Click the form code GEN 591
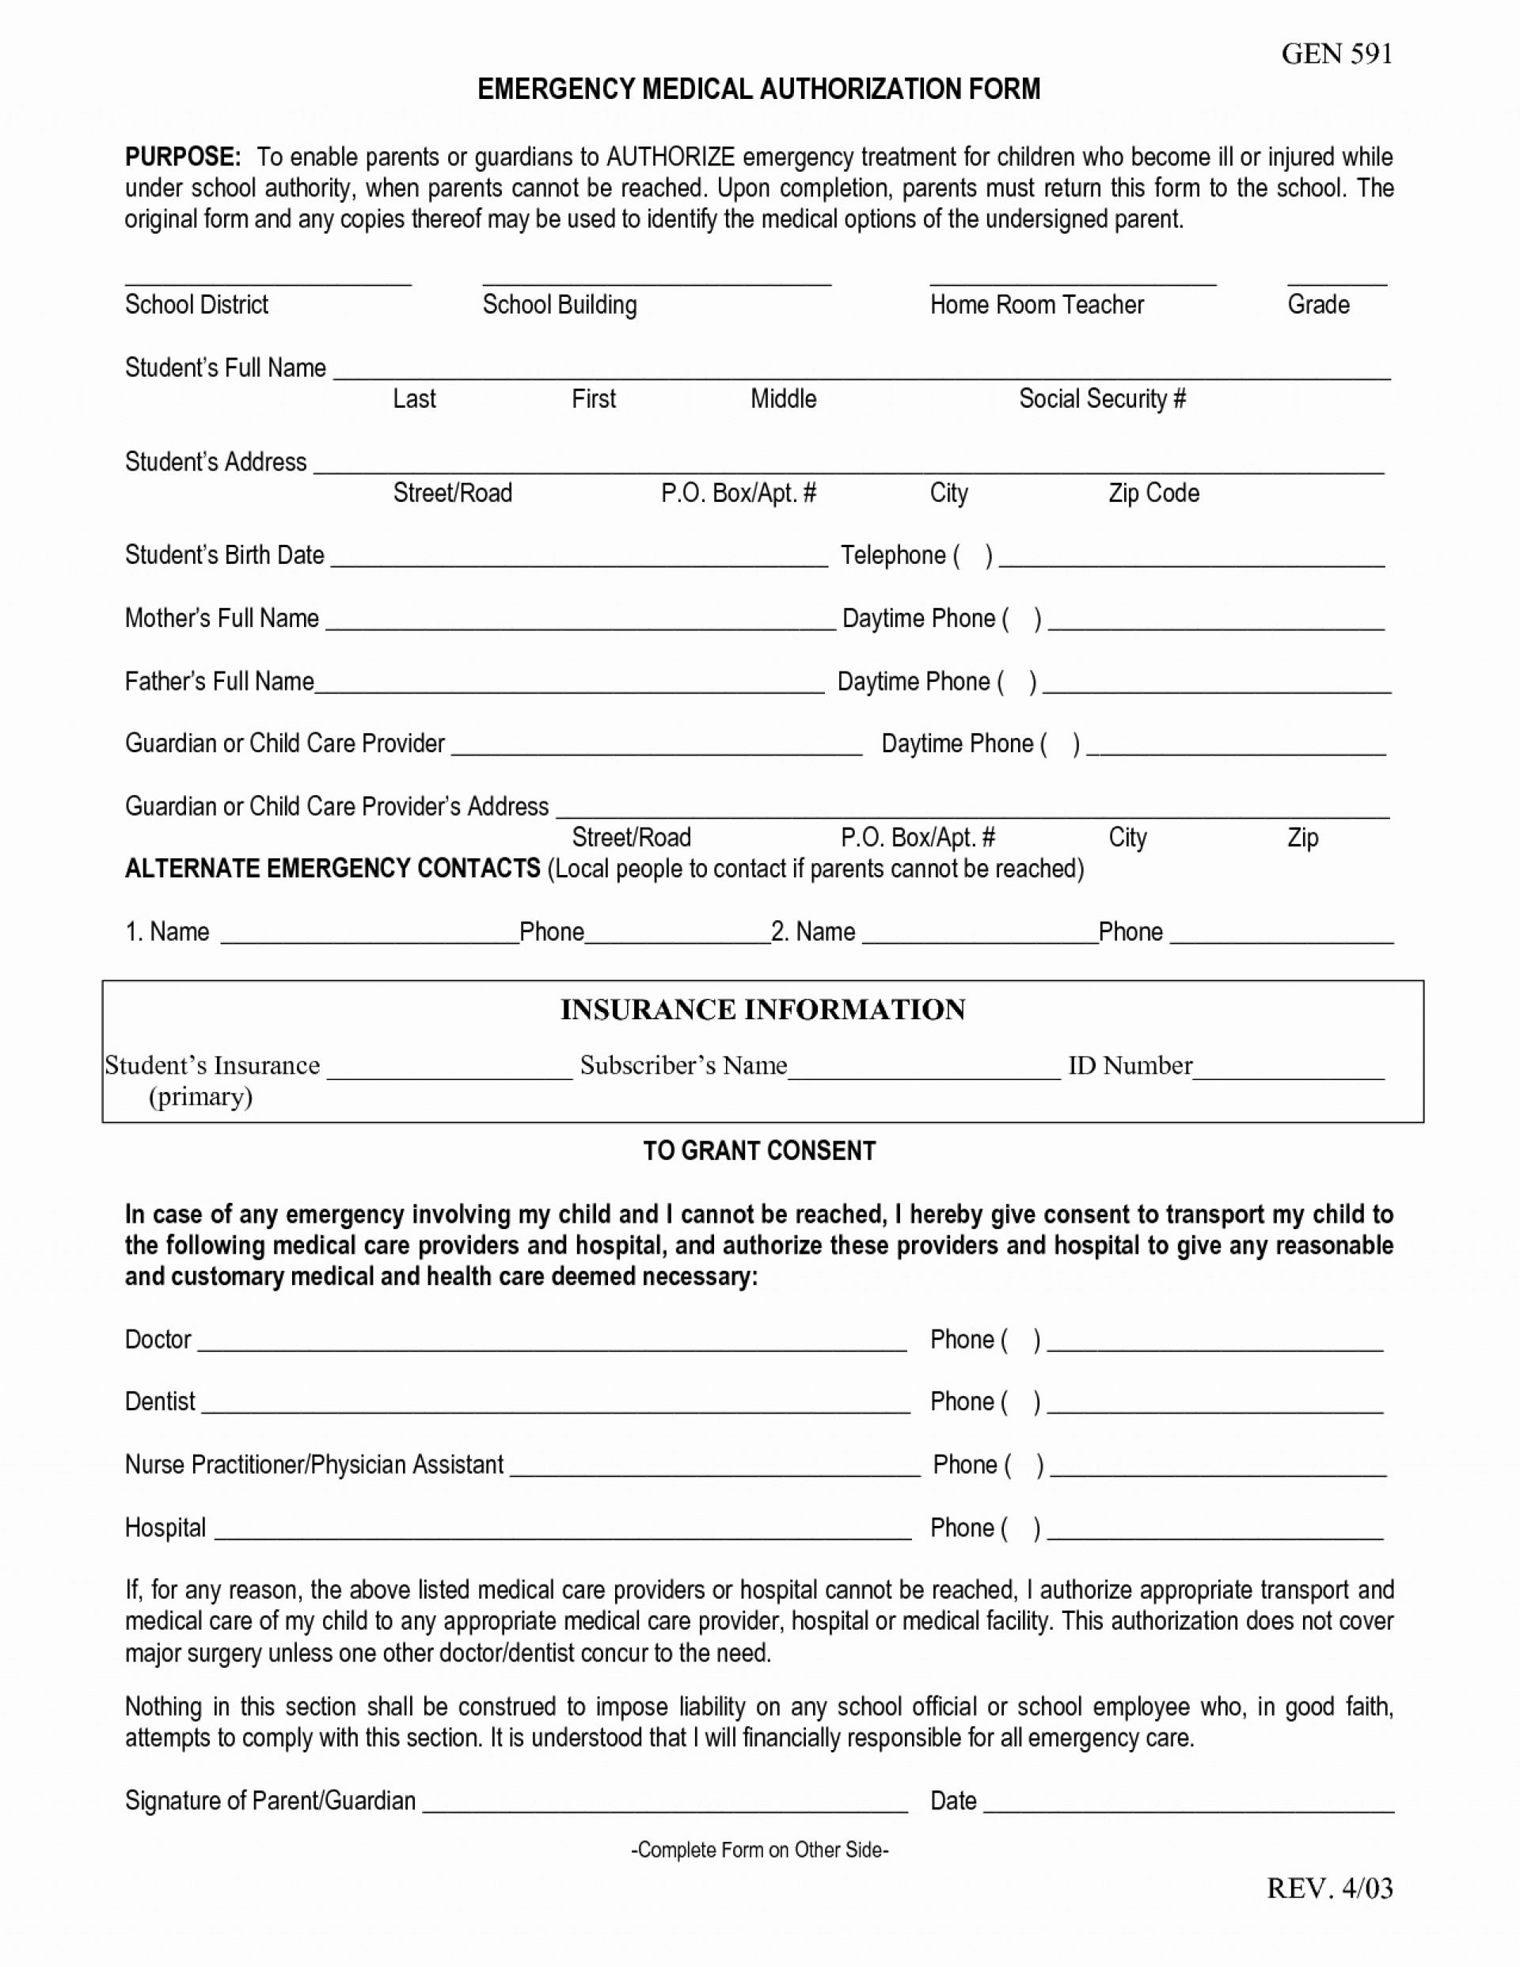(x=1336, y=54)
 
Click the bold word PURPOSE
(x=183, y=157)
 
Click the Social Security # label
(x=1102, y=398)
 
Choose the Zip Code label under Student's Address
(x=1153, y=493)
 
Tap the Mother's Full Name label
(x=222, y=618)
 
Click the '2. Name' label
(x=813, y=931)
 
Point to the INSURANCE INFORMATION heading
(x=762, y=1010)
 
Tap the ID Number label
(x=1130, y=1066)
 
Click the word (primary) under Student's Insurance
(x=201, y=1097)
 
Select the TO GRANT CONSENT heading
(x=759, y=1151)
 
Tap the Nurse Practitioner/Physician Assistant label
(x=314, y=1464)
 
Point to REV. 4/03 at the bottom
(x=1329, y=1888)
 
